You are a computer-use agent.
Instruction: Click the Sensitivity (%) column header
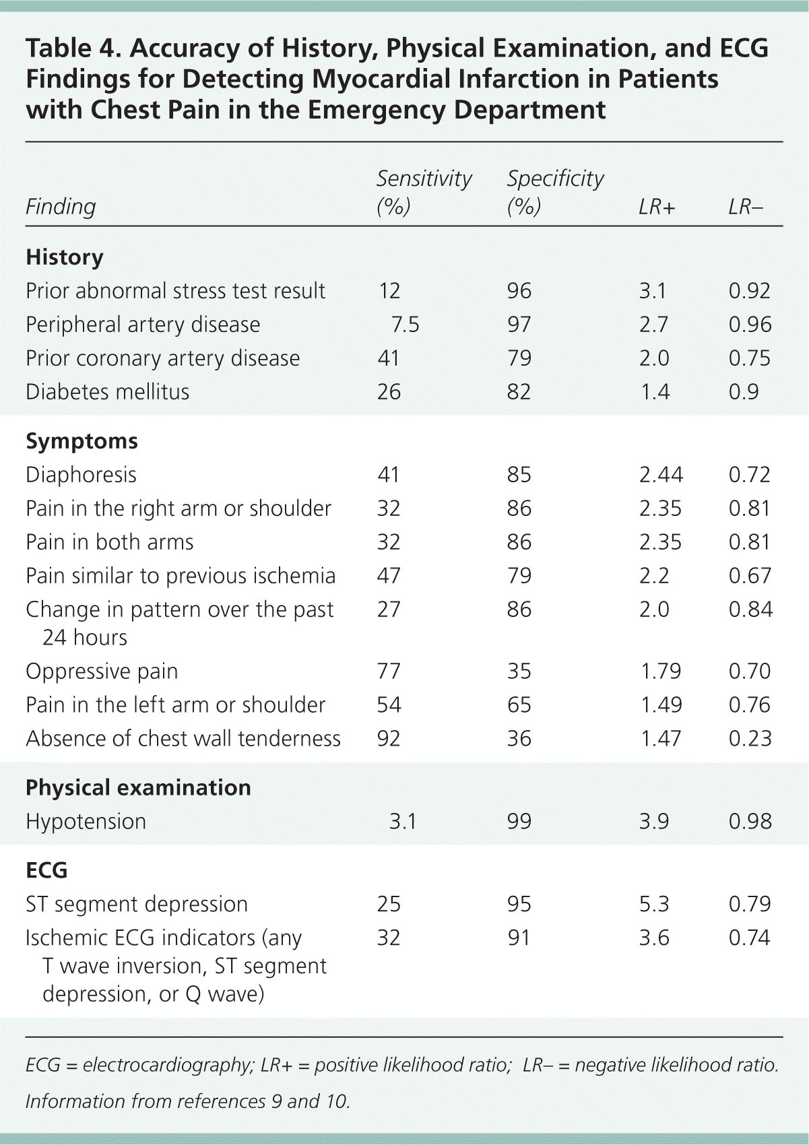point(424,192)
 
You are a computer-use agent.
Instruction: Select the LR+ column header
point(656,207)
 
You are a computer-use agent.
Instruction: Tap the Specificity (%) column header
point(555,192)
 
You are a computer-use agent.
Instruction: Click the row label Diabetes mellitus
point(108,391)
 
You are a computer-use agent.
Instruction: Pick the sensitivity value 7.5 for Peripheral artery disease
point(405,325)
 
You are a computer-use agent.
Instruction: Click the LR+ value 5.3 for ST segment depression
point(654,904)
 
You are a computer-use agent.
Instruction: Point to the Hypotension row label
point(86,822)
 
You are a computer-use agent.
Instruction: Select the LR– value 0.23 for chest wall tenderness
point(750,739)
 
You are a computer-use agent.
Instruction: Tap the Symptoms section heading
point(82,441)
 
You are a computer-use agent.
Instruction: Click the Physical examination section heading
point(138,788)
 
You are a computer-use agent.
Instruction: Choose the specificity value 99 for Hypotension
point(519,822)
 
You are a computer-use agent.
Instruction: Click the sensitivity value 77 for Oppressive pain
point(389,672)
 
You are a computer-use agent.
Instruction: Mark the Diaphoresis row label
point(81,475)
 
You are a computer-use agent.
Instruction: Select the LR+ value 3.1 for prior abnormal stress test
point(653,291)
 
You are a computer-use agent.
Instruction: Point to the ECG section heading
point(46,870)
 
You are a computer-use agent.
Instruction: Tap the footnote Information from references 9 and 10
point(188,1101)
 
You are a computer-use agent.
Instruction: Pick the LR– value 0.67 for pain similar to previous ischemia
point(750,576)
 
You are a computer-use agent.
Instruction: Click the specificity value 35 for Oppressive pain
point(519,672)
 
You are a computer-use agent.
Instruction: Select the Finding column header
point(61,207)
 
